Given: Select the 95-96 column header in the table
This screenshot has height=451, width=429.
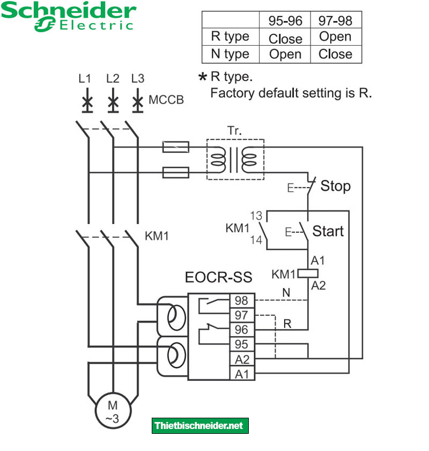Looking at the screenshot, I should coord(285,20).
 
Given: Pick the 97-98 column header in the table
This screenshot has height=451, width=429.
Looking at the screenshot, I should coord(335,20).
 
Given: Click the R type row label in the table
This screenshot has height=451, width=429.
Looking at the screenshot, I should coord(230,37).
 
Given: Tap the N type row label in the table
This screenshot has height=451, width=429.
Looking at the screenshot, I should coord(230,54).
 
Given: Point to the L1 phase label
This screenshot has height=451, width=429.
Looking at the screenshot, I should coord(85,79).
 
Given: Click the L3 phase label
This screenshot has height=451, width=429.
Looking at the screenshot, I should coord(137,79).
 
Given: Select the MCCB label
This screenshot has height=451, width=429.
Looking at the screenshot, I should coord(166,100).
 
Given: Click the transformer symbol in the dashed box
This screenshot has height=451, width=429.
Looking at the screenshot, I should coord(235,159).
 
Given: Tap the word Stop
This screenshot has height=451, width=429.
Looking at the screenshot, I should coord(335,187).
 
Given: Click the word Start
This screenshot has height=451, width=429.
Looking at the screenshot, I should coord(328,231).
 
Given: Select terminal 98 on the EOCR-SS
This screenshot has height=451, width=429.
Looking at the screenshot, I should coord(241,301).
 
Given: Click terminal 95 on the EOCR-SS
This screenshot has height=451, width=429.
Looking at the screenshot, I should coord(241,344).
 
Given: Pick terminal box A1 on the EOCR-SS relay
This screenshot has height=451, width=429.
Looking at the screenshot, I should coord(241,373).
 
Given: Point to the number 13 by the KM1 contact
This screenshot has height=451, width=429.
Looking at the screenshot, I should coord(256,216).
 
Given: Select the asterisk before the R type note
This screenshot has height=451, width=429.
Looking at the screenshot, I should coord(202,78).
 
